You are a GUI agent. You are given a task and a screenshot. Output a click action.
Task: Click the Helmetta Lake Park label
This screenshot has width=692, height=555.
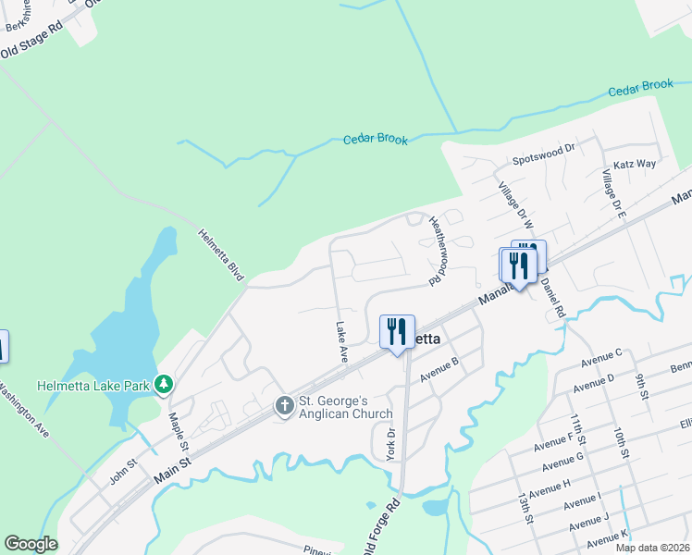pyautogui.click(x=94, y=385)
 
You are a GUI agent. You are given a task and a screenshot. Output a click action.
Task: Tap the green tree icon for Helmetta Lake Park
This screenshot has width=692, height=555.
pyautogui.click(x=164, y=383)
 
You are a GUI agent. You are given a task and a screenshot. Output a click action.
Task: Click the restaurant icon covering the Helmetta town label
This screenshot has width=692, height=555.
pyautogui.click(x=398, y=331)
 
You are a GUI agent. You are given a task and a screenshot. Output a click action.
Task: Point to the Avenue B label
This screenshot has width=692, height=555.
pyautogui.click(x=439, y=369)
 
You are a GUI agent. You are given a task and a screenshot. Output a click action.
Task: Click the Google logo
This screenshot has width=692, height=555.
pyautogui.click(x=31, y=544)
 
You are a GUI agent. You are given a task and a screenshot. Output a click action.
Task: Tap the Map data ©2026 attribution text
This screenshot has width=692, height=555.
pyautogui.click(x=651, y=548)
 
